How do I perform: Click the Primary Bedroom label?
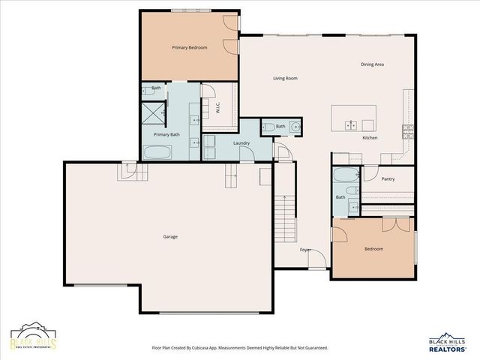pos(189,48)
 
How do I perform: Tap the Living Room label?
pos(285,78)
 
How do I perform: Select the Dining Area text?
pos(372,64)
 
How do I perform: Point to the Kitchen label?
pos(370,139)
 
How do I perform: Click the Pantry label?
pos(388,179)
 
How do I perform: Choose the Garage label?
pos(170,236)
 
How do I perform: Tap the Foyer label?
pos(305,249)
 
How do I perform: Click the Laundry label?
pos(241,142)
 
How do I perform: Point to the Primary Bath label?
pos(166,134)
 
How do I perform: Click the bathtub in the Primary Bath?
pos(157,152)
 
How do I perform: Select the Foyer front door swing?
pos(317,259)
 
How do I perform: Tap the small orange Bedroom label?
pos(373,249)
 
